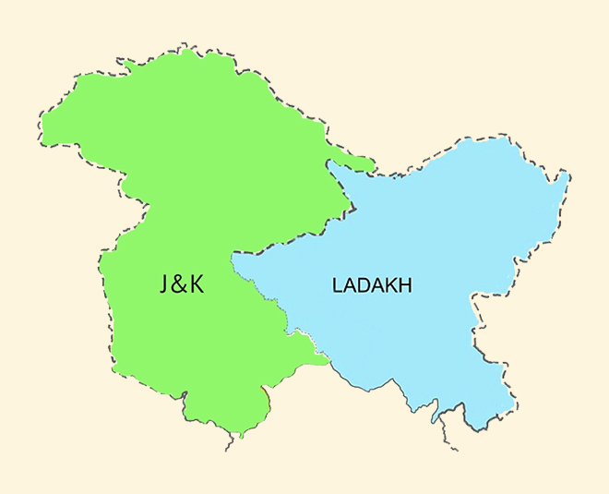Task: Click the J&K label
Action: point(181,284)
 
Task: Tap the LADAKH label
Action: point(372,286)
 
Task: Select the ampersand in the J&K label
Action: point(179,284)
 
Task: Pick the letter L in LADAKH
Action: point(336,286)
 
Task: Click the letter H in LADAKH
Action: point(405,286)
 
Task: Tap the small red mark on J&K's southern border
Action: point(266,396)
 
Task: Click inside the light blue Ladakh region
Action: point(434,231)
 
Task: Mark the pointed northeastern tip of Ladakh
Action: point(565,175)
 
